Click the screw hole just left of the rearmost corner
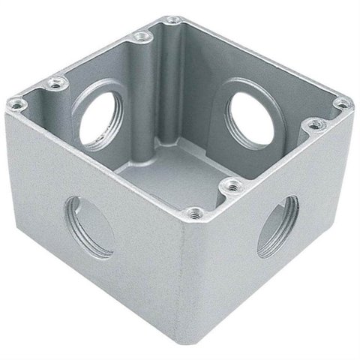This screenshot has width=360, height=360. pos(139,34)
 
